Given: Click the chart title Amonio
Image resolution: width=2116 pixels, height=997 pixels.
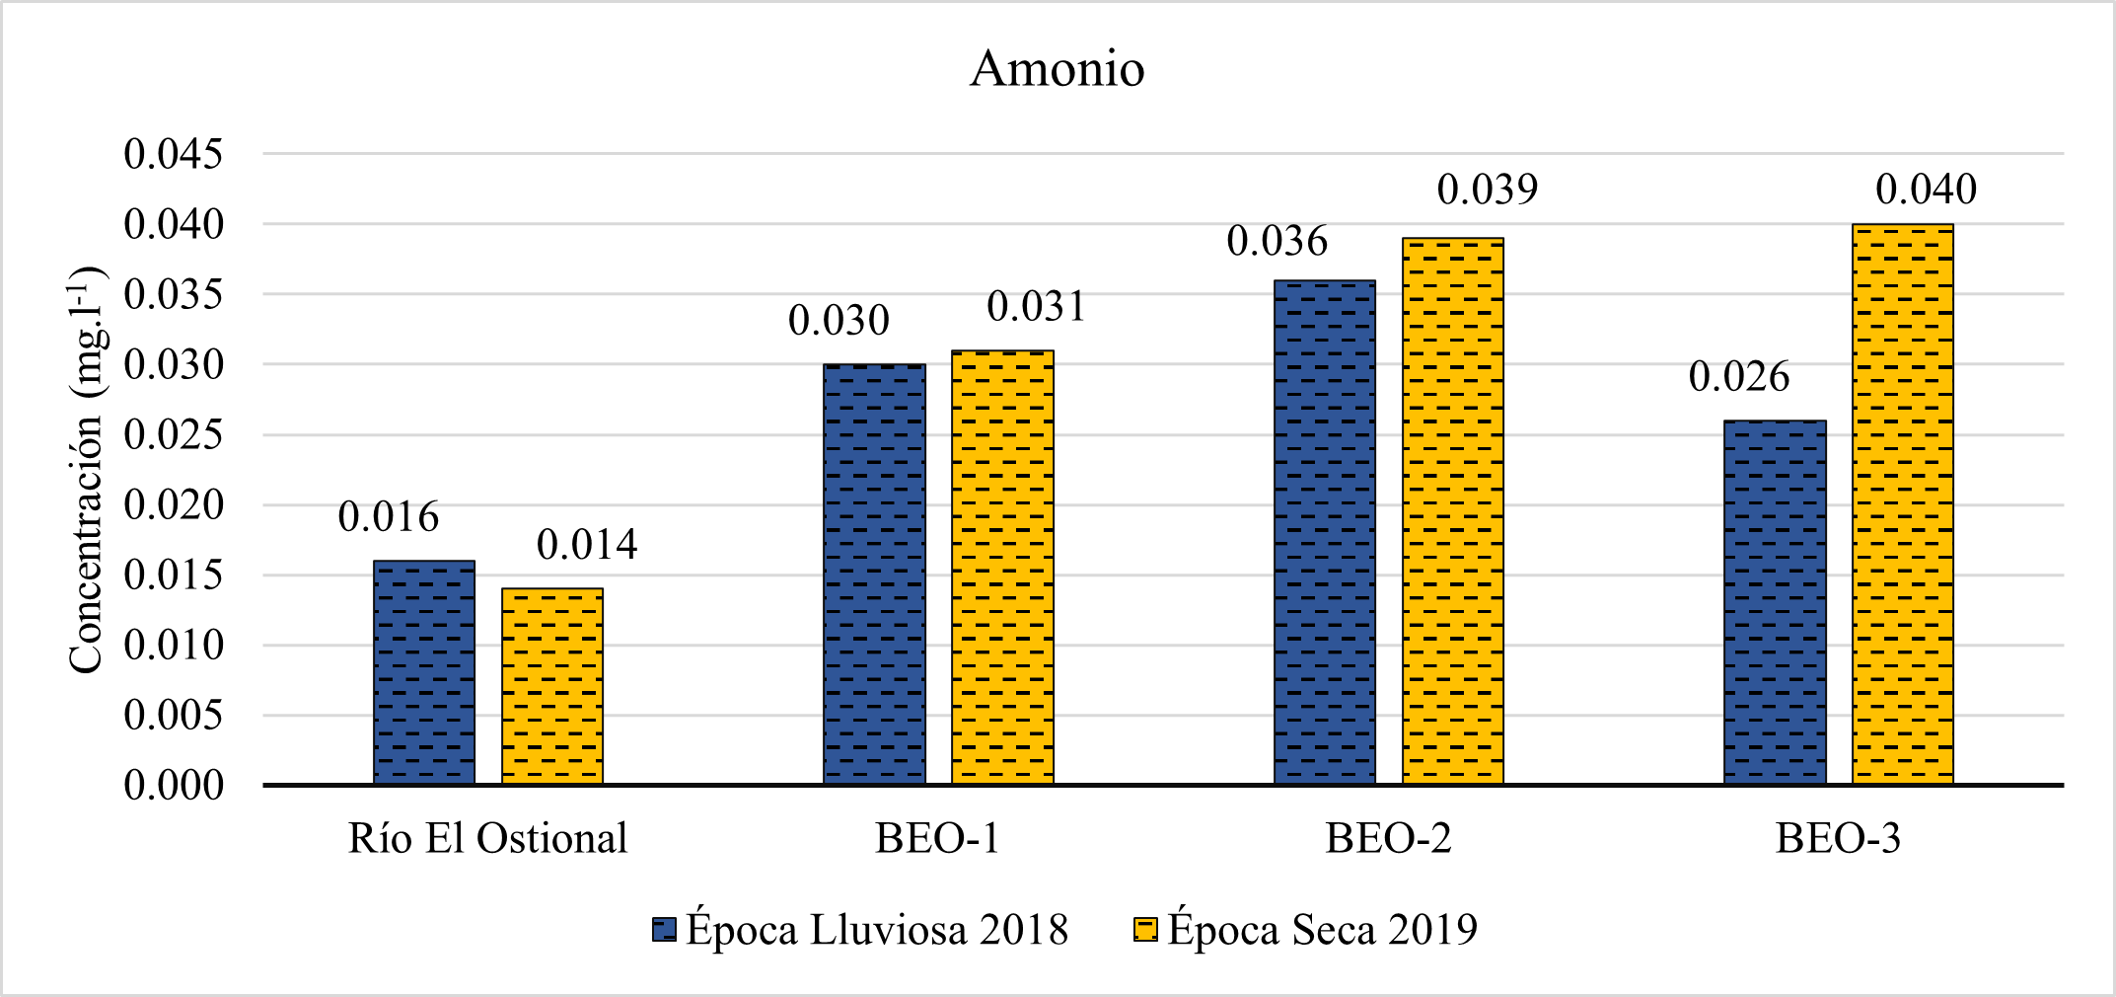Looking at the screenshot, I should (1057, 69).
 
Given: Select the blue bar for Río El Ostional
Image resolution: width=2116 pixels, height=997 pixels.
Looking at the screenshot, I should (424, 673).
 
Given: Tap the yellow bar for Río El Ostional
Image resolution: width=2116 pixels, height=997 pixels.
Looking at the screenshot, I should (552, 687).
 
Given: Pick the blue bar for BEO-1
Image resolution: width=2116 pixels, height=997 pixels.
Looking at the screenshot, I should (874, 575).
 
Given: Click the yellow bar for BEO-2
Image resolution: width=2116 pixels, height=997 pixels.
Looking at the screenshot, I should (1453, 511).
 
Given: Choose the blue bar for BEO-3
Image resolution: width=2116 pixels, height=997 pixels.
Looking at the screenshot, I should (1775, 602).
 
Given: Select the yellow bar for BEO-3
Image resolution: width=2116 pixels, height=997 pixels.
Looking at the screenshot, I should (1903, 504).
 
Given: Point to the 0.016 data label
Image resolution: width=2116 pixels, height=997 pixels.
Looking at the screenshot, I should (388, 517).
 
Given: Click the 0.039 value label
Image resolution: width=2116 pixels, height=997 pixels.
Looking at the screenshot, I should (1487, 190).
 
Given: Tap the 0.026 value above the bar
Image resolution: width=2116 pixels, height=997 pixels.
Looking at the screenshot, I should (1738, 377).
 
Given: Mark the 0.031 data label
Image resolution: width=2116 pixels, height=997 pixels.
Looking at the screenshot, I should (1036, 307).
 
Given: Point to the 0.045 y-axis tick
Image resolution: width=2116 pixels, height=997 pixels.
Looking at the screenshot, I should (174, 154).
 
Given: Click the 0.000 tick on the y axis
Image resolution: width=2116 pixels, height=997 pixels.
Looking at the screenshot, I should (174, 786).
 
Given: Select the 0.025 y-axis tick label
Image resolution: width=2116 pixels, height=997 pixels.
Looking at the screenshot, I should (174, 434).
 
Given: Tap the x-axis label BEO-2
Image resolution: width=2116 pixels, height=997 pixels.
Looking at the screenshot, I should (1388, 839).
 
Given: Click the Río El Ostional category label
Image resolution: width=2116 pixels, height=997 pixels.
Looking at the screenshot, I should (487, 839).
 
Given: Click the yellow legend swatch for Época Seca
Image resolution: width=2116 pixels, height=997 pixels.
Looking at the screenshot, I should (1145, 930).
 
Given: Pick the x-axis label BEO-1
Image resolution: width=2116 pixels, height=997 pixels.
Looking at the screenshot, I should (937, 839).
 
